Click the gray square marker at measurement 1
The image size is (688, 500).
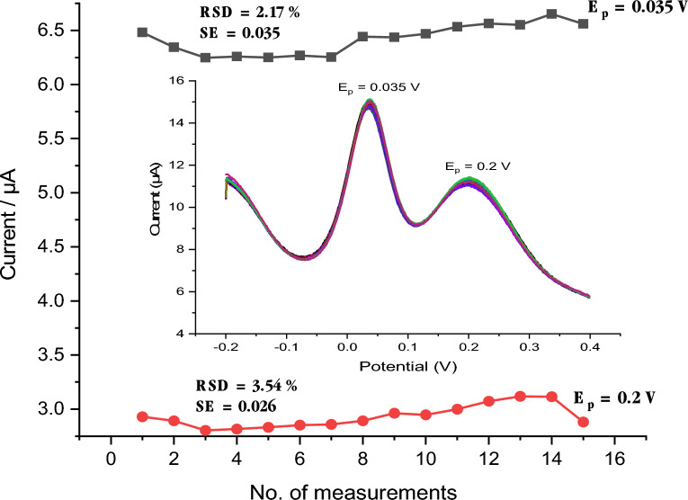point(142,31)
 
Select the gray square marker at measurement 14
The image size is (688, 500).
point(551,13)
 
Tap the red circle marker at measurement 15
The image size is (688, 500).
point(583,422)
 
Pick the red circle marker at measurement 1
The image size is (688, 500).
point(142,416)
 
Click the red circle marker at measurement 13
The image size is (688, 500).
point(520,397)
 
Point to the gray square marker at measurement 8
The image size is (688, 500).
point(362,37)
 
